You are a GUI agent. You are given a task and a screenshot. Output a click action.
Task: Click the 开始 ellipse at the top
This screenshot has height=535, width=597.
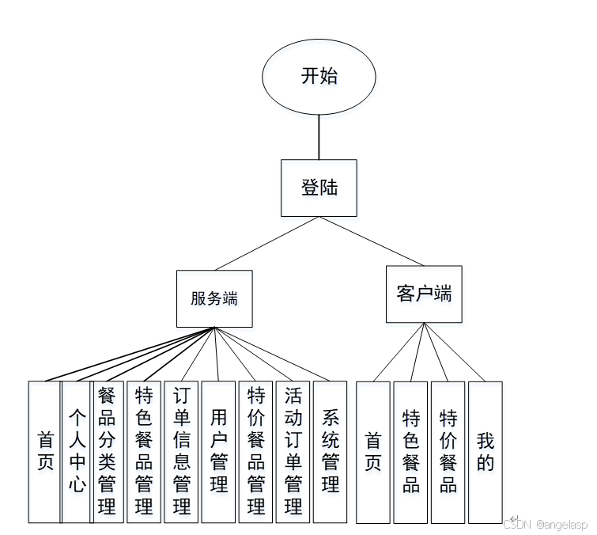[319, 76]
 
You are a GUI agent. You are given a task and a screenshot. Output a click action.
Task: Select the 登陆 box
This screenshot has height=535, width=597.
[319, 188]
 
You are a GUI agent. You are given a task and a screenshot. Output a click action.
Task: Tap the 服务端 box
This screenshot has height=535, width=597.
[214, 298]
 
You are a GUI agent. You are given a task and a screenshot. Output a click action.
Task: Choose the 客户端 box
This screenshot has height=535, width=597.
[424, 294]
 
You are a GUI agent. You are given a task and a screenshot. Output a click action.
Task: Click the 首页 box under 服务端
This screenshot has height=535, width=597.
[45, 452]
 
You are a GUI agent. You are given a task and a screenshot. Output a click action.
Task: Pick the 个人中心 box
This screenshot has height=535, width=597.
[76, 452]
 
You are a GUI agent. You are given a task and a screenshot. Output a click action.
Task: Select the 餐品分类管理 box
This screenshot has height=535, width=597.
[108, 452]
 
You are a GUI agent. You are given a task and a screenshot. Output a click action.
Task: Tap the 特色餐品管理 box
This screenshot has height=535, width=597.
[144, 452]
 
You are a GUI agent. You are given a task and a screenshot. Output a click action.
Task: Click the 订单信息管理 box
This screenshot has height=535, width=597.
[181, 452]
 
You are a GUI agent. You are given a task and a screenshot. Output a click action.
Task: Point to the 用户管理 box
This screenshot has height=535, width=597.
[218, 452]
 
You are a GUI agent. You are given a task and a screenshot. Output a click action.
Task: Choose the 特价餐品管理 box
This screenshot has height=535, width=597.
[255, 452]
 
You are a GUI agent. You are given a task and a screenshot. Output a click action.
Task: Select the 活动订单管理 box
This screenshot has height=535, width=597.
[293, 452]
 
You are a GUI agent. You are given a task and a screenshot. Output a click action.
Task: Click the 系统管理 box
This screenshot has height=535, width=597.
[331, 452]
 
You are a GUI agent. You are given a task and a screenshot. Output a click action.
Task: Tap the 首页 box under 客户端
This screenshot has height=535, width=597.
[373, 452]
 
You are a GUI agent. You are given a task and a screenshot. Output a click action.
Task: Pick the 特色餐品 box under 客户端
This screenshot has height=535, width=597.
[410, 452]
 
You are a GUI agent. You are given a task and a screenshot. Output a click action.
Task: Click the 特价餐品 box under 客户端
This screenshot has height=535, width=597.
[448, 452]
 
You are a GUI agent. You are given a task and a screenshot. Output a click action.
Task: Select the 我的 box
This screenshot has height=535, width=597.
[485, 452]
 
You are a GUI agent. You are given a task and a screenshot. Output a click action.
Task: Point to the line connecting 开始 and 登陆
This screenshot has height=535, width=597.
[319, 137]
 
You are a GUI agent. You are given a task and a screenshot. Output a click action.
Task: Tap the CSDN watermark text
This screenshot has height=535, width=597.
[546, 524]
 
